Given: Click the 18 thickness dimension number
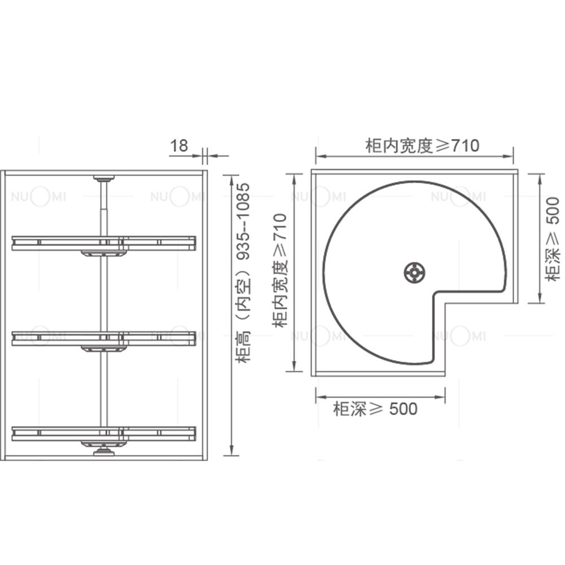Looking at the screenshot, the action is [x=179, y=146].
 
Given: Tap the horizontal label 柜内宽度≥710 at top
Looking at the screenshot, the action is [x=422, y=146].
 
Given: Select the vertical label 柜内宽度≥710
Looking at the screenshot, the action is [x=280, y=270].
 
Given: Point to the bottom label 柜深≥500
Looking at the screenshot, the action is [x=375, y=409].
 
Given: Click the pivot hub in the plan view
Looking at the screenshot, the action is [x=414, y=273].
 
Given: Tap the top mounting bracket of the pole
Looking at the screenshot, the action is [x=104, y=178].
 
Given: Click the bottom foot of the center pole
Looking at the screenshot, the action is [x=104, y=450].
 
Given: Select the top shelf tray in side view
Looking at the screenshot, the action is [x=104, y=243].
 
